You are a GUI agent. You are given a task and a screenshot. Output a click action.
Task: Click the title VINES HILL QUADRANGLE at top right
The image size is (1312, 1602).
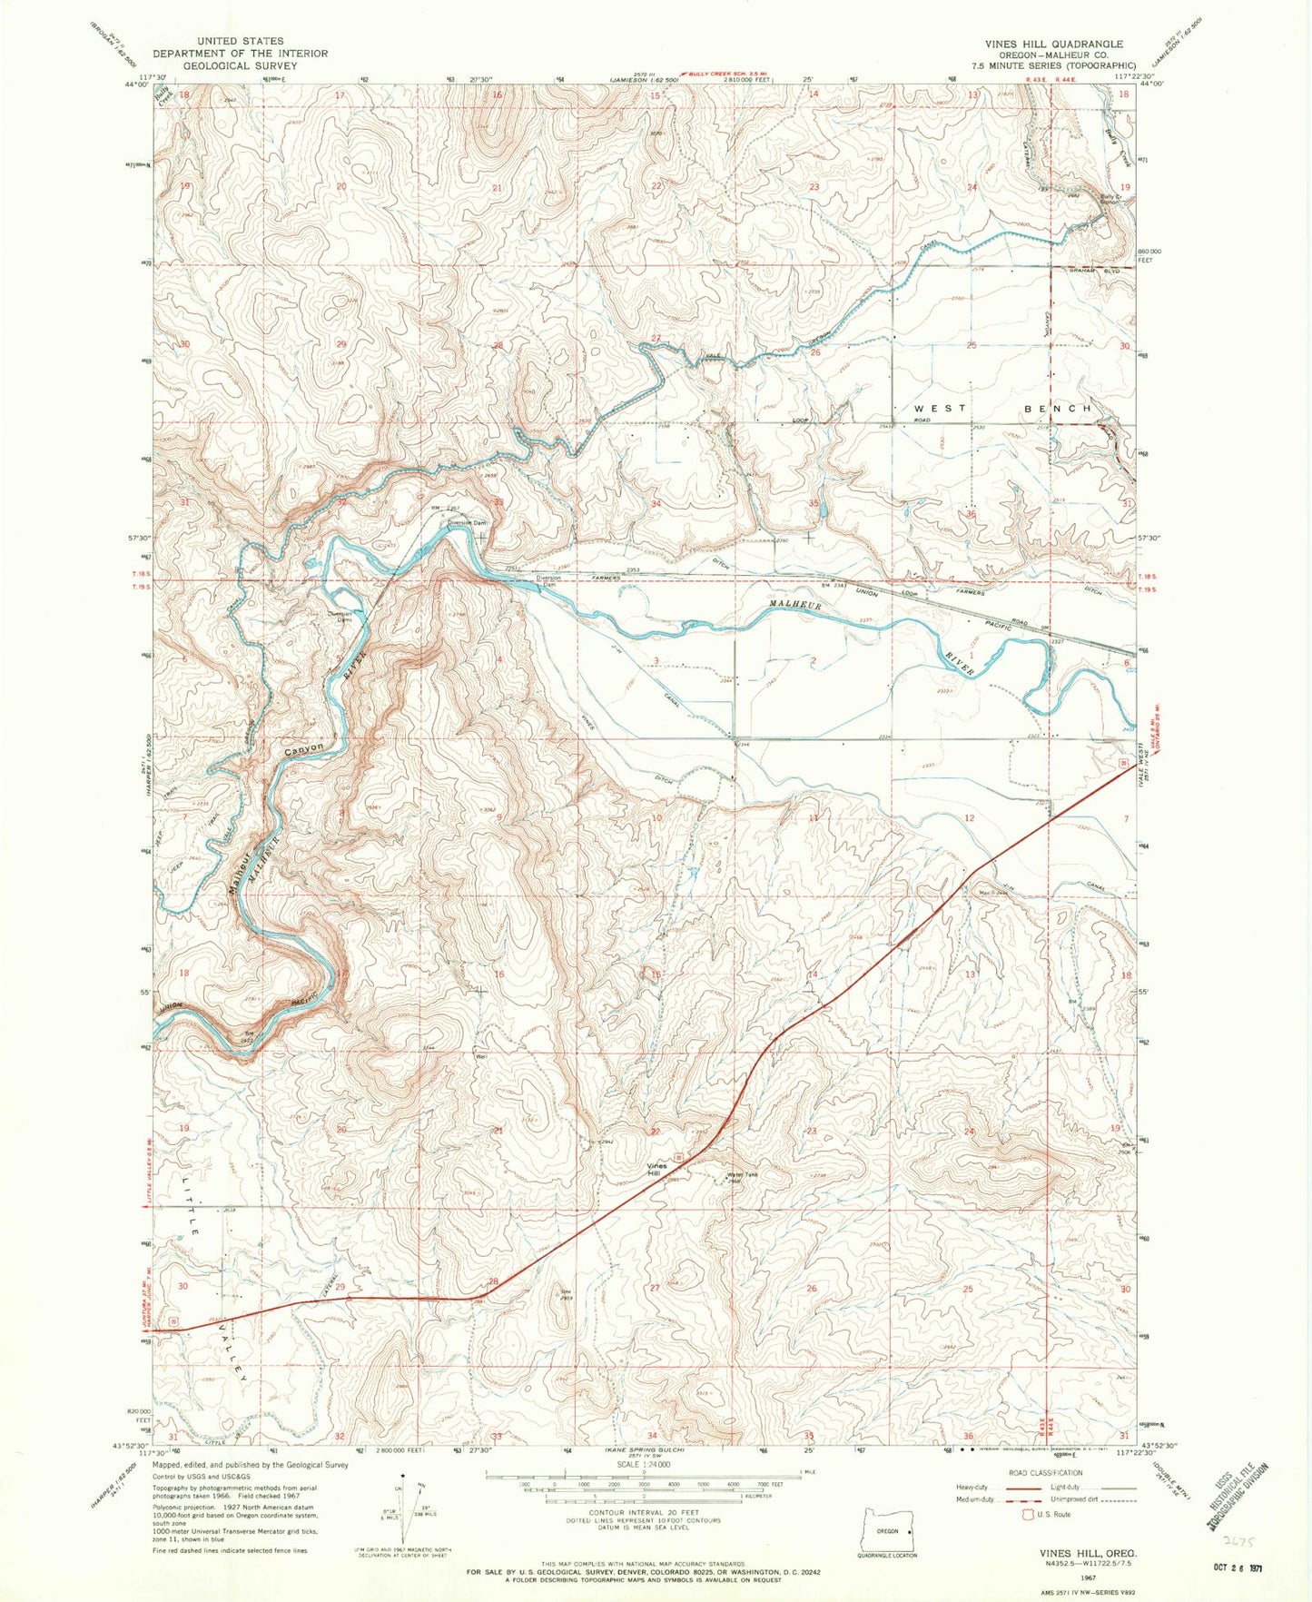click(1054, 44)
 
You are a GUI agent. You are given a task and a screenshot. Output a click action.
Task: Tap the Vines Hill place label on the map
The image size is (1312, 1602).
click(656, 1170)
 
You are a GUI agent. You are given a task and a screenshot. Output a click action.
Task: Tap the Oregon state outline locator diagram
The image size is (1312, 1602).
click(886, 1531)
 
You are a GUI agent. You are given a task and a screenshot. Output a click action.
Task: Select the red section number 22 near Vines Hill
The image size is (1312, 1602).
click(656, 1132)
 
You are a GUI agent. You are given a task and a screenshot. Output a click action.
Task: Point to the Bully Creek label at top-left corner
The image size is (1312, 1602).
click(164, 94)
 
